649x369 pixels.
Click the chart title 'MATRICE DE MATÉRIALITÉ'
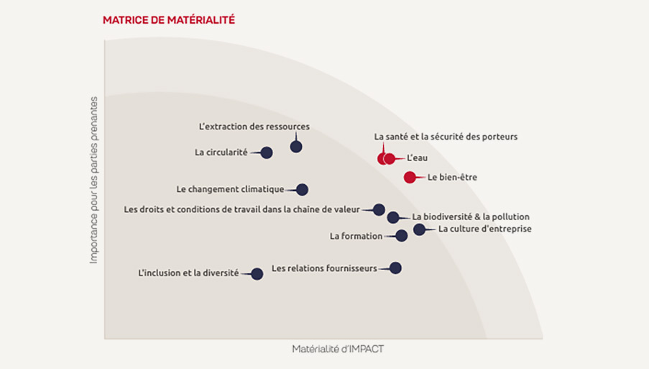(169, 20)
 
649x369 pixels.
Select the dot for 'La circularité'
(267, 152)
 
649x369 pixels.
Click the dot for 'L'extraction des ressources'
(296, 147)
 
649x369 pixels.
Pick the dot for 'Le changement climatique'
(302, 190)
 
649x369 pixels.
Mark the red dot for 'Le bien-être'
(410, 178)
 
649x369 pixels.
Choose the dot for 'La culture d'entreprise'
(419, 229)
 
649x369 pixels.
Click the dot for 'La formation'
(402, 236)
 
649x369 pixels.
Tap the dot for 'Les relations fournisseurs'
(395, 268)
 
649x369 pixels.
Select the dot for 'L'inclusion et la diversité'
(257, 274)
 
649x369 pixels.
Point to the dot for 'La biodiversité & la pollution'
(393, 217)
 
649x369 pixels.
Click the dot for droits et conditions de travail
(379, 210)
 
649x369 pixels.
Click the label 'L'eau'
(418, 158)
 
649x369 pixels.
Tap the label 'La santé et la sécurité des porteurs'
(446, 136)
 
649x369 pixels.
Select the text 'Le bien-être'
(452, 178)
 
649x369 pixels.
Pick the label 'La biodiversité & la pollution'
(471, 217)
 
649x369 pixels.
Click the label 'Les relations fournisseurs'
(324, 268)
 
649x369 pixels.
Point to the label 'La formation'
(356, 236)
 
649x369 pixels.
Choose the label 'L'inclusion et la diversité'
(188, 273)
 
